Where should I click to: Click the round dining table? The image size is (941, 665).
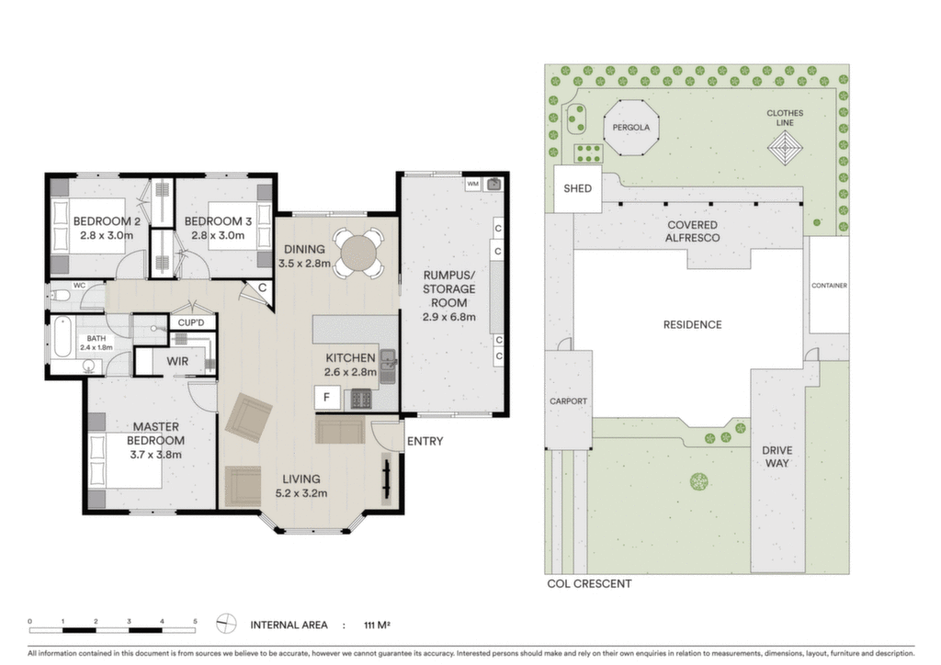pyautogui.click(x=359, y=253)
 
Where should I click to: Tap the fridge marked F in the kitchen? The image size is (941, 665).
pyautogui.click(x=327, y=398)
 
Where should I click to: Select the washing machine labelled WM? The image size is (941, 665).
pyautogui.click(x=473, y=184)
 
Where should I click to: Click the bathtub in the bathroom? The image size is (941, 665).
pyautogui.click(x=62, y=336)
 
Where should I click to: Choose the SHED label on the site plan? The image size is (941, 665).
pyautogui.click(x=577, y=188)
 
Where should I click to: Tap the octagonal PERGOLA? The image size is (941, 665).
pyautogui.click(x=630, y=127)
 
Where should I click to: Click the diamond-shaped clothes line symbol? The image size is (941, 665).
pyautogui.click(x=786, y=149)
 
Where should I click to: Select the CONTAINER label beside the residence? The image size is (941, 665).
pyautogui.click(x=830, y=286)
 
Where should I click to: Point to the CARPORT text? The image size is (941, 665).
pyautogui.click(x=568, y=401)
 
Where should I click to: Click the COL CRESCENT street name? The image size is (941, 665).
pyautogui.click(x=589, y=583)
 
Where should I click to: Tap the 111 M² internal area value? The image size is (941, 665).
pyautogui.click(x=377, y=625)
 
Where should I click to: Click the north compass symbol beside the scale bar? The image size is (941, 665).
pyautogui.click(x=226, y=624)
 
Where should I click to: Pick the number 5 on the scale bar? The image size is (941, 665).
pyautogui.click(x=195, y=621)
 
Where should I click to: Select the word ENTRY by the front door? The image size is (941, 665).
pyautogui.click(x=425, y=441)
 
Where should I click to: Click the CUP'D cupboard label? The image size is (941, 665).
pyautogui.click(x=191, y=322)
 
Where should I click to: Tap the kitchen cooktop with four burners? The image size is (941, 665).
pyautogui.click(x=360, y=398)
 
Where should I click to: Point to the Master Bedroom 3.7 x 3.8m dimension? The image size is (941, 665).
pyautogui.click(x=155, y=455)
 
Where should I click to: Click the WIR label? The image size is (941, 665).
pyautogui.click(x=177, y=361)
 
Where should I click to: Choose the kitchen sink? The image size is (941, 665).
pyautogui.click(x=388, y=366)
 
